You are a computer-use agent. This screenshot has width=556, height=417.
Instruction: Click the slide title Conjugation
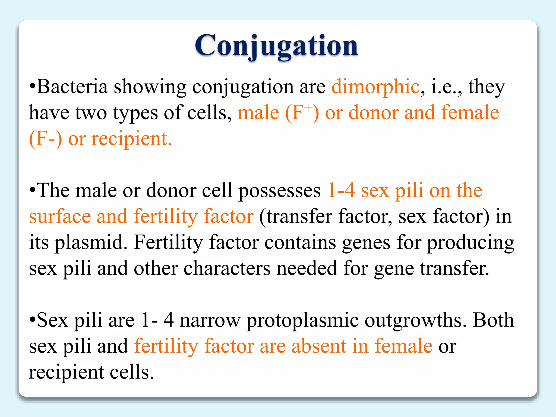pyautogui.click(x=276, y=46)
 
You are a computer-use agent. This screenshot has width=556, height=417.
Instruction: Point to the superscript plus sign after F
pyautogui.click(x=308, y=108)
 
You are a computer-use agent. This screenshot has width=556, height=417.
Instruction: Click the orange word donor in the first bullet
pyautogui.click(x=373, y=113)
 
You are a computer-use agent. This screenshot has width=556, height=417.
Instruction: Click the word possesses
pyautogui.click(x=279, y=191)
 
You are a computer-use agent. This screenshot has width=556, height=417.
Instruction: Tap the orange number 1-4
pyautogui.click(x=341, y=190)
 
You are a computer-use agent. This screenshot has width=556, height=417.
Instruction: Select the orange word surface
pyautogui.click(x=60, y=217)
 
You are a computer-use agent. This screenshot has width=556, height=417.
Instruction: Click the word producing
pyautogui.click(x=470, y=242)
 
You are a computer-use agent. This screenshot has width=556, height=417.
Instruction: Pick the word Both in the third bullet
pyautogui.click(x=493, y=320)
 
